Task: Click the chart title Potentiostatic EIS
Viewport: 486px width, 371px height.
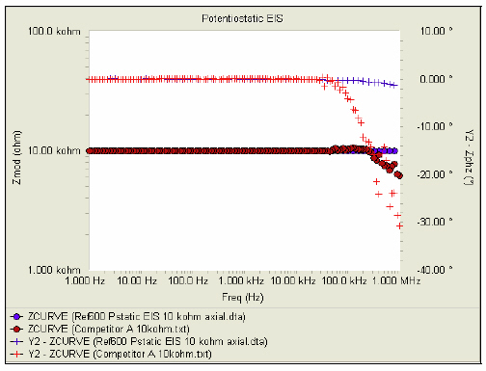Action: click(x=238, y=18)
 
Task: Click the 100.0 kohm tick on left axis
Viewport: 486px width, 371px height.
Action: click(x=57, y=31)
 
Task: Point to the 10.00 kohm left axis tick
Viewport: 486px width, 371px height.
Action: click(x=57, y=150)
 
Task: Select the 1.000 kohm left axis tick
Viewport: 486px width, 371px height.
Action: click(x=57, y=270)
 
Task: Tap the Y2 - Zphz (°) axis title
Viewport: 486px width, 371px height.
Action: click(x=470, y=150)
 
